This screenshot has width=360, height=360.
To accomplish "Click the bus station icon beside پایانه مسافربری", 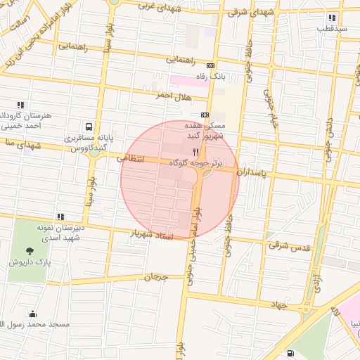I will click(x=89, y=127).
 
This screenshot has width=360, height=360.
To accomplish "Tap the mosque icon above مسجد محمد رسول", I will click(x=32, y=314).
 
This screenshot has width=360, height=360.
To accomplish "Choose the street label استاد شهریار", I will click(x=152, y=234).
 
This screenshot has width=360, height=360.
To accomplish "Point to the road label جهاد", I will click(x=281, y=304).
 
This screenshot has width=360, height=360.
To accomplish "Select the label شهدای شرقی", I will click(x=252, y=13).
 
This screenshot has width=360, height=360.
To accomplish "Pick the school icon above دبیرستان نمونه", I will click(x=60, y=217).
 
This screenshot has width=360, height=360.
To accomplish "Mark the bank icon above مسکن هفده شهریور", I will click(x=205, y=115).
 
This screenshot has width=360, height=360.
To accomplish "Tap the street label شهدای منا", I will click(x=14, y=143).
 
